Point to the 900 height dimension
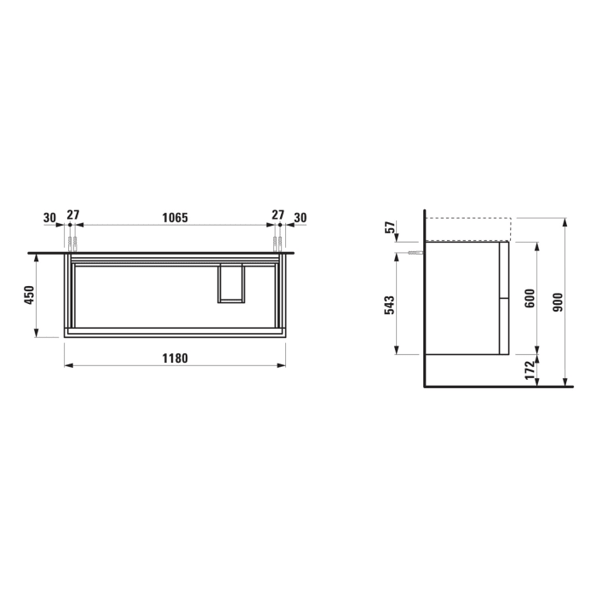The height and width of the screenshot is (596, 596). [x=558, y=301]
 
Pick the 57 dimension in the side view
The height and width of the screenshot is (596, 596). [x=389, y=229]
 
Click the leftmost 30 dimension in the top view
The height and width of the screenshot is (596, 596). [x=49, y=218]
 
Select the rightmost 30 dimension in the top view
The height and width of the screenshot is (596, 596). [x=300, y=218]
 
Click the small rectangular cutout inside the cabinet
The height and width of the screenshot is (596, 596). [x=232, y=284]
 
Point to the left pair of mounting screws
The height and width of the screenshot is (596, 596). [x=72, y=244]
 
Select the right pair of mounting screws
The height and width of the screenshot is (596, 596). [x=278, y=244]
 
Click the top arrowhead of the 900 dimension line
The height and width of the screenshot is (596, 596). [x=565, y=221]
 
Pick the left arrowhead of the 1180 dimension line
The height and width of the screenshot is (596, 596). [x=68, y=366]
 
